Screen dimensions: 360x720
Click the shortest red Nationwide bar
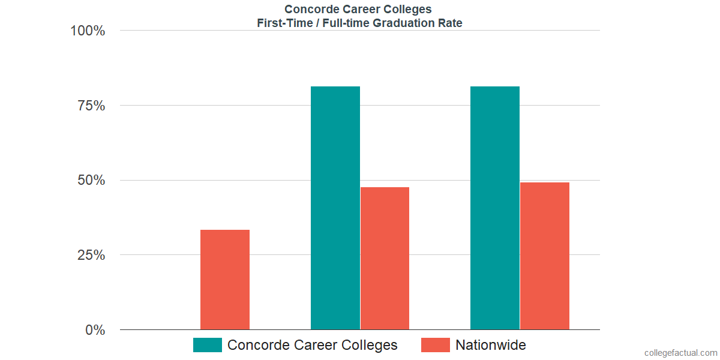(x=225, y=280)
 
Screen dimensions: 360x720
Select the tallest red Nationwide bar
(x=545, y=256)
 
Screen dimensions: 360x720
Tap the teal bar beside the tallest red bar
(x=495, y=208)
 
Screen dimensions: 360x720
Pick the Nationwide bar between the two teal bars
(x=385, y=258)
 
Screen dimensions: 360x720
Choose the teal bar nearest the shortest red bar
(x=335, y=208)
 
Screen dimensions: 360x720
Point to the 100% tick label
(x=88, y=31)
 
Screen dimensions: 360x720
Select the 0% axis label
(x=95, y=330)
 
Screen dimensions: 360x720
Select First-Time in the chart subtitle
(x=281, y=23)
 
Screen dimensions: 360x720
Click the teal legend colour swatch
(x=208, y=345)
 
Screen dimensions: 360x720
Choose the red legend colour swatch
(x=435, y=345)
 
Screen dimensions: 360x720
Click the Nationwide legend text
(x=490, y=345)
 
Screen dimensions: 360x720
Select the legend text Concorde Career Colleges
(x=312, y=345)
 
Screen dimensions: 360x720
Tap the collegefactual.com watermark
(x=680, y=353)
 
